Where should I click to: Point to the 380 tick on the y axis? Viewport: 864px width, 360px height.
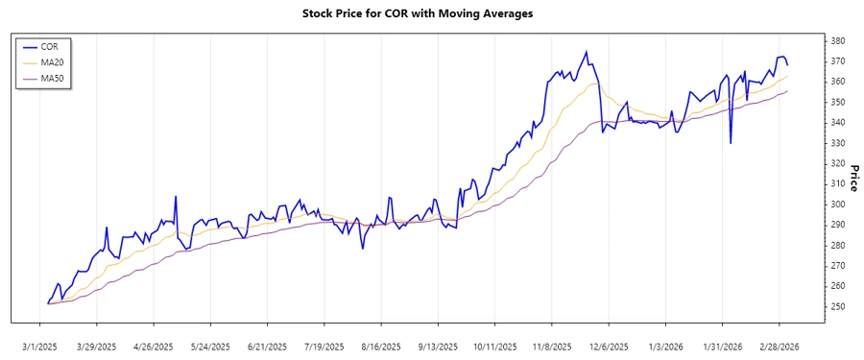837,41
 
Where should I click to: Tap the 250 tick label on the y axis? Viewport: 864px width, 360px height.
837,306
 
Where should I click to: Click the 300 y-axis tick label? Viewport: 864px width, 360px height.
837,204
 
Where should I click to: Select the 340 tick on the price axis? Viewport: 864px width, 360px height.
837,123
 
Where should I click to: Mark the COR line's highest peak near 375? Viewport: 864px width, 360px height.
587,52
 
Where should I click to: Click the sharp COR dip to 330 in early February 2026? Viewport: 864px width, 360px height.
731,143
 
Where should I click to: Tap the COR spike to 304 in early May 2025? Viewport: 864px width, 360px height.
176,197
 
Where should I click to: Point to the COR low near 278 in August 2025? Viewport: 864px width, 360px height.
363,249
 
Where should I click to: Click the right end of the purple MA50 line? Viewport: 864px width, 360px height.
787,91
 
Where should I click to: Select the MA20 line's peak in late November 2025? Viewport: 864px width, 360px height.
595,83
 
